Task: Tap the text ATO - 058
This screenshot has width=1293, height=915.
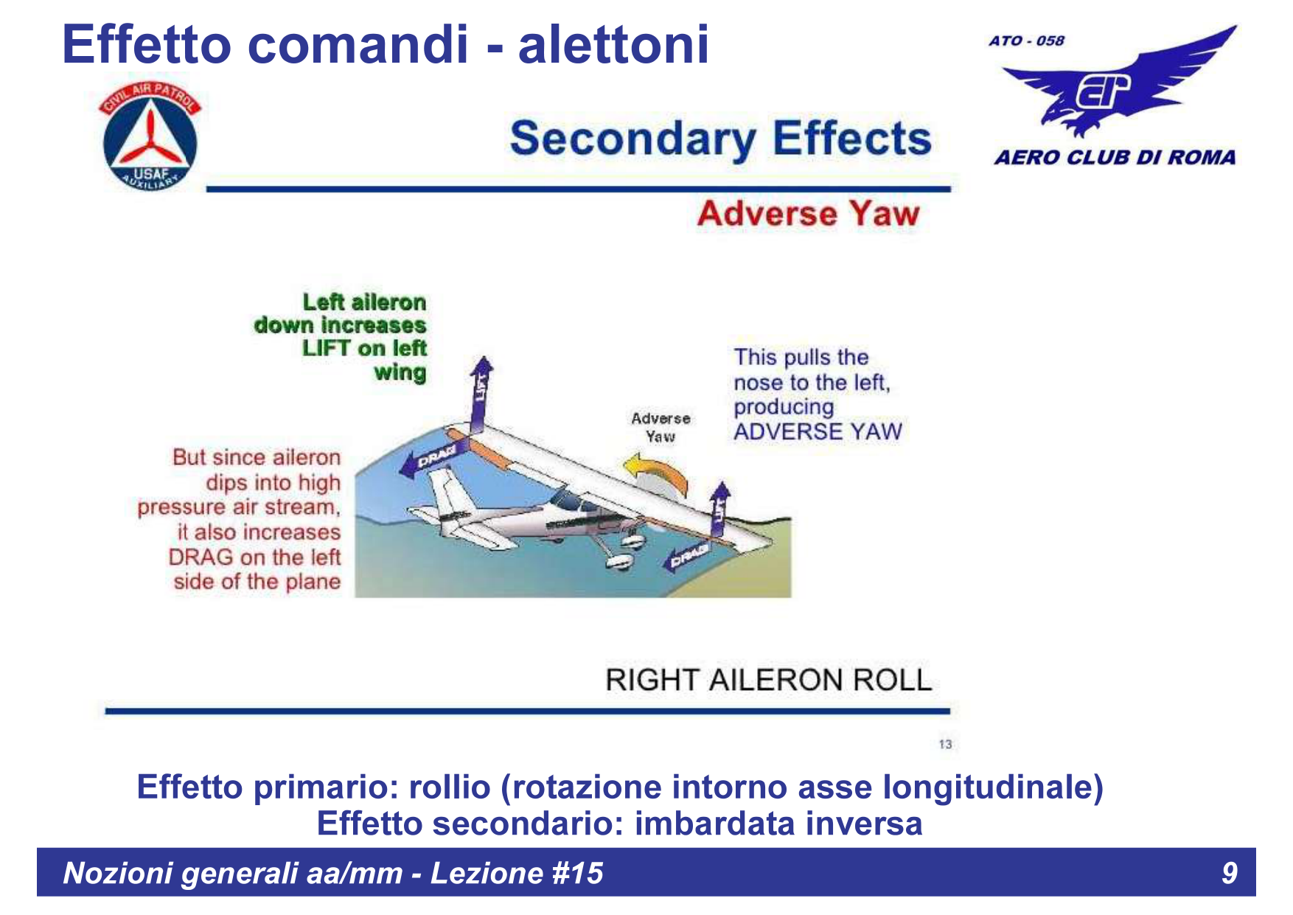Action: coord(1027,41)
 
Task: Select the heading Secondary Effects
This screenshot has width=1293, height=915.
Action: coord(721,139)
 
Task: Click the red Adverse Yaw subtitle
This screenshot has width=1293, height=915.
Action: coord(809,214)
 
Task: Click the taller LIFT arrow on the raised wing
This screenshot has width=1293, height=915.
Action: coord(481,394)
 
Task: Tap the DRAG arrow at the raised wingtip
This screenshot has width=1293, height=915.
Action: coord(433,459)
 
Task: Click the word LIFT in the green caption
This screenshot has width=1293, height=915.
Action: coord(327,348)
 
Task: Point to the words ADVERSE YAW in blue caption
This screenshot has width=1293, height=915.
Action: coord(818,431)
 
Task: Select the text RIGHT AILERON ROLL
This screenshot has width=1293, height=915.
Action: coord(769,680)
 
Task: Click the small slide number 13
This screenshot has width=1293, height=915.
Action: coord(945,745)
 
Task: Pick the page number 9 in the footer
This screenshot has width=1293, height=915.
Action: coord(1230,873)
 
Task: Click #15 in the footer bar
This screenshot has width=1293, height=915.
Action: coord(577,873)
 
